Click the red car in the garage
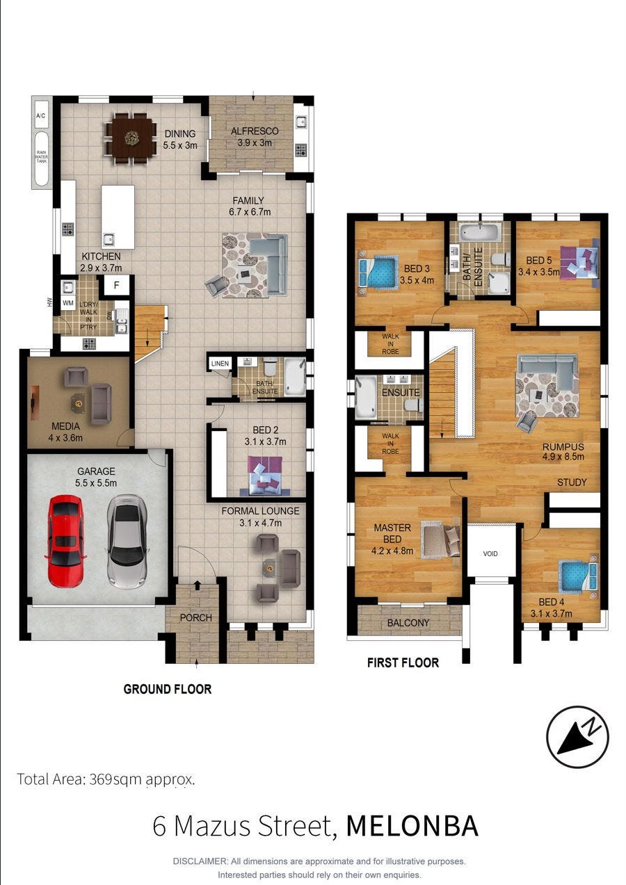point(65,542)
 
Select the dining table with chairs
point(131,138)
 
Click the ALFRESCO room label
point(255,131)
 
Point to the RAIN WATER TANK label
point(42,157)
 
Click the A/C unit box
point(41,115)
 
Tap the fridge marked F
point(116,285)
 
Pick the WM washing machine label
point(68,303)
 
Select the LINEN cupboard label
point(220,364)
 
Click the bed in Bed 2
point(265,476)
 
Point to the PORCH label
point(196,617)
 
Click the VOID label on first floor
point(490,553)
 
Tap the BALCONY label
point(408,623)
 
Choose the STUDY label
point(572,482)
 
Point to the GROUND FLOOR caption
point(168,689)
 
